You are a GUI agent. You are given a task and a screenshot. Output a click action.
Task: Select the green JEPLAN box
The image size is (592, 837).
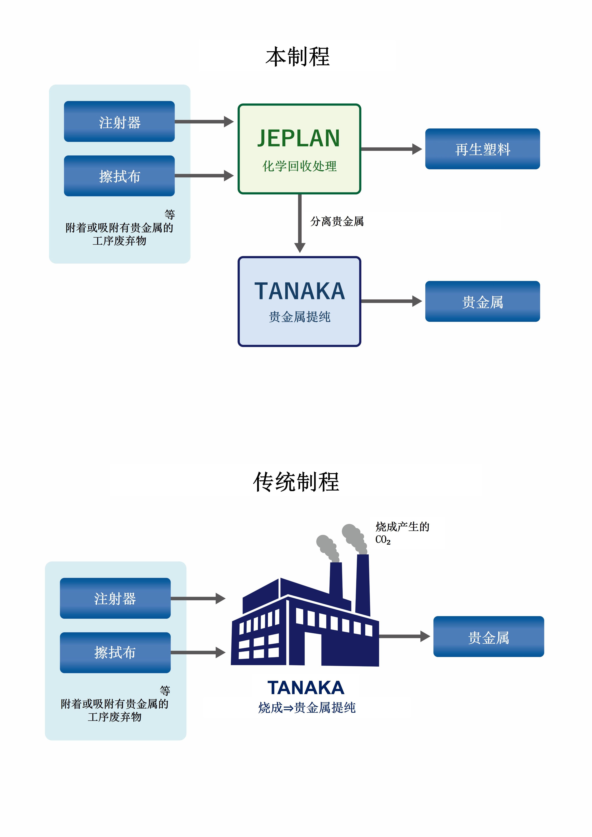click(x=299, y=149)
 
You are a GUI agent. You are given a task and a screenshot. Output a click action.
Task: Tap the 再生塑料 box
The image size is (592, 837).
click(x=482, y=149)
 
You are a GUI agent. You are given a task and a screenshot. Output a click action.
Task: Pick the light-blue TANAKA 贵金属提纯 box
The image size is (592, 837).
click(x=299, y=301)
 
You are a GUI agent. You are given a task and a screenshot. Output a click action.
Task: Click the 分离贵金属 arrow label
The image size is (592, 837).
click(x=337, y=221)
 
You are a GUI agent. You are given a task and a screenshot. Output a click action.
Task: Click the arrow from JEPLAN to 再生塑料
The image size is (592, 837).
click(x=390, y=149)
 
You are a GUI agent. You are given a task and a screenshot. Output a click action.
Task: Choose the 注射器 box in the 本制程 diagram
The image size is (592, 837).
click(x=119, y=121)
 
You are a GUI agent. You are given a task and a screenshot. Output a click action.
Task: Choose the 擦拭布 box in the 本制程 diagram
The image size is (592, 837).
click(x=119, y=176)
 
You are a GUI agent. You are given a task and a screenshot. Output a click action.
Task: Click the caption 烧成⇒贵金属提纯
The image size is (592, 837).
click(x=306, y=708)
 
